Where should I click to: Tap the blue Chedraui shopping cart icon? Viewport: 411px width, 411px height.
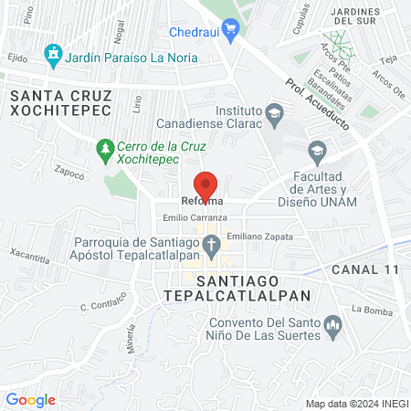[231, 30]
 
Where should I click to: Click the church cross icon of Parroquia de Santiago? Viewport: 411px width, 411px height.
[211, 244]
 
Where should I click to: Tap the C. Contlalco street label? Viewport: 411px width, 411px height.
[101, 304]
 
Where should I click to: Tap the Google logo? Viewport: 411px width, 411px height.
[30, 400]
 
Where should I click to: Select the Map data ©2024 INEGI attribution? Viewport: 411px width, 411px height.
[356, 404]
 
